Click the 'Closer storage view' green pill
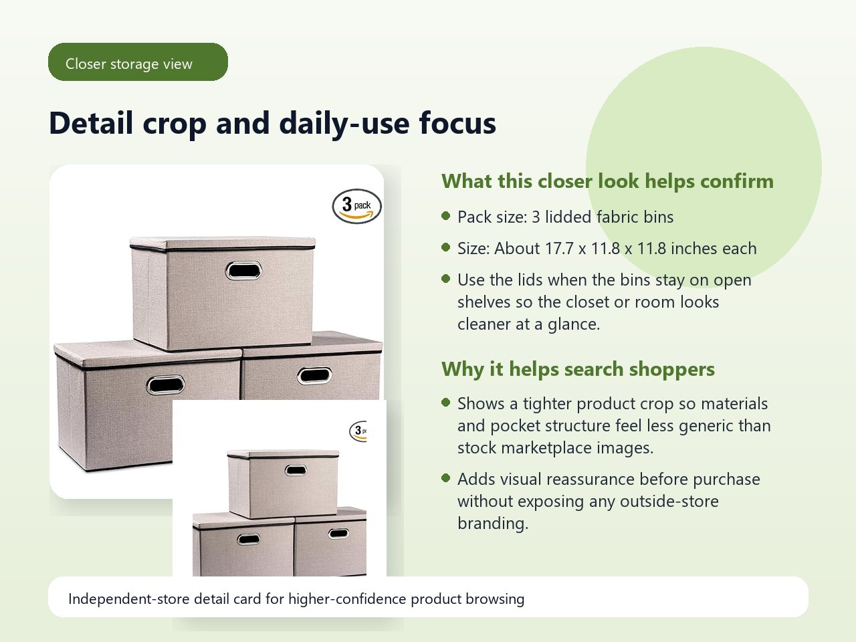pos(138,62)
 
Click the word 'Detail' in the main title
pos(91,123)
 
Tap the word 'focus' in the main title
pos(457,123)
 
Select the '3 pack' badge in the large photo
pos(357,206)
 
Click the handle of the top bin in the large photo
pos(243,271)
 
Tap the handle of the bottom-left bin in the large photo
pos(165,385)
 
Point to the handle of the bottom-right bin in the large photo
pos(315,376)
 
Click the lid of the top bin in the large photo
pos(222,243)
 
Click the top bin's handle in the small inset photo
pos(296,471)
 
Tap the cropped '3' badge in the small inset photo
pos(358,431)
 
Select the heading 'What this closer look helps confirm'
pos(608,181)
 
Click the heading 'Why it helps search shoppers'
pos(578,369)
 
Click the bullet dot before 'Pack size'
pos(446,215)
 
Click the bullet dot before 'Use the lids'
pos(446,279)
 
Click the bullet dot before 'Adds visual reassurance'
pos(446,478)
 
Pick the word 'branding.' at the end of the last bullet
pos(493,524)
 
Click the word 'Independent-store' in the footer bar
pos(129,599)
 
